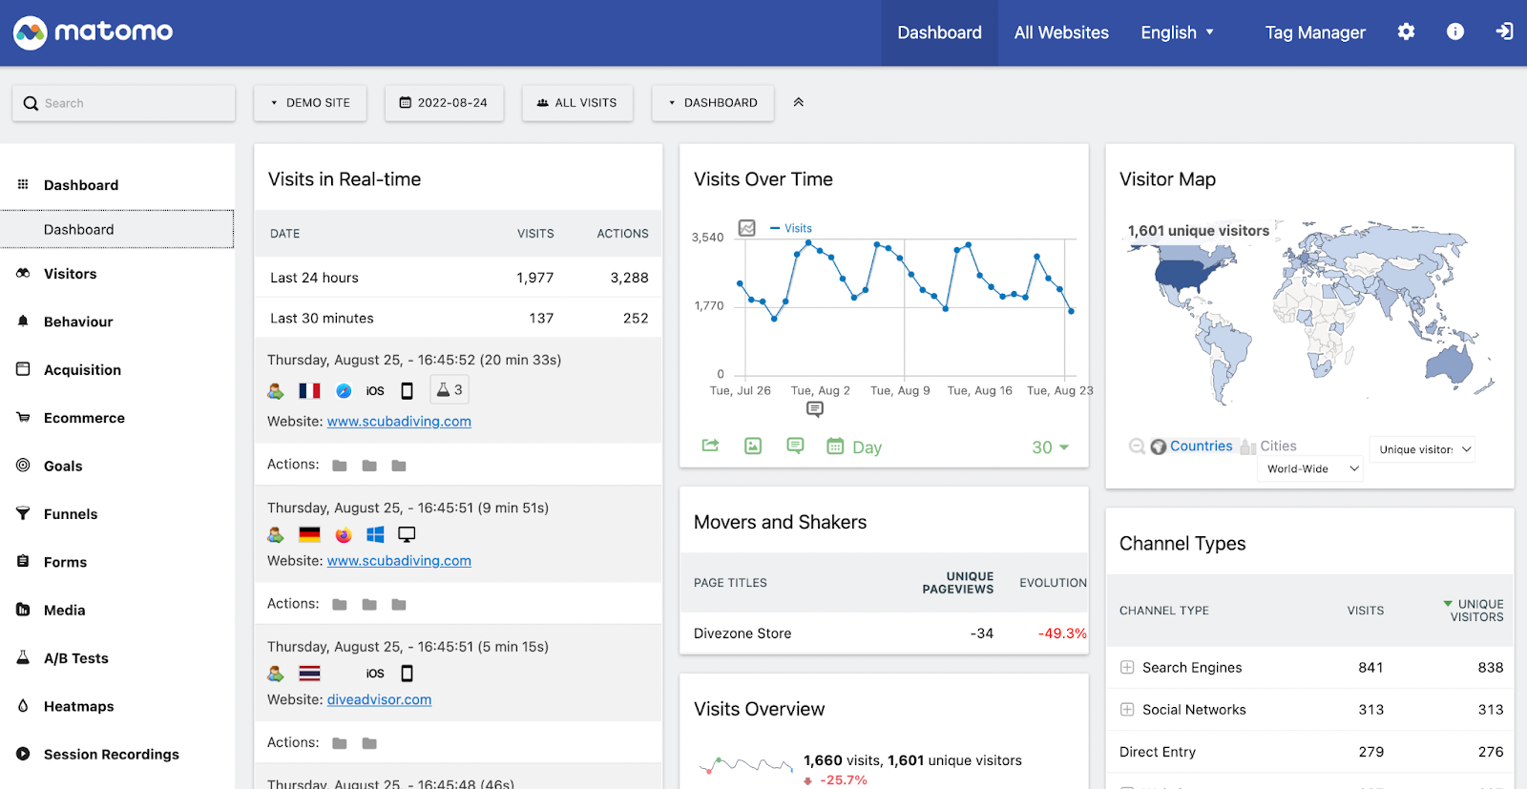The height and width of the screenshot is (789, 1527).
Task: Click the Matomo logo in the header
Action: (x=93, y=32)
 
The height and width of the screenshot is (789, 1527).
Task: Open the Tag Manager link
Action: (x=1314, y=32)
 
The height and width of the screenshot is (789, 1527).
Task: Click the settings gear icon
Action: (x=1406, y=31)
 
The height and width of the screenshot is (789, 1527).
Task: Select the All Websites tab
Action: (x=1061, y=32)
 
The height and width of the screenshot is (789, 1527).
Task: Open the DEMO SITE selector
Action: (x=310, y=103)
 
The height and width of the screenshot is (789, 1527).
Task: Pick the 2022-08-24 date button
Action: (x=444, y=103)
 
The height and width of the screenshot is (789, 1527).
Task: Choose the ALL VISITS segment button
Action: (x=577, y=103)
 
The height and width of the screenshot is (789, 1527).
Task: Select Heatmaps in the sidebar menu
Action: (x=79, y=706)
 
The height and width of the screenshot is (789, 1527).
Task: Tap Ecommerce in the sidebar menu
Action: (x=84, y=418)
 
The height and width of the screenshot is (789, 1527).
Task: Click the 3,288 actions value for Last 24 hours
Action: (x=629, y=278)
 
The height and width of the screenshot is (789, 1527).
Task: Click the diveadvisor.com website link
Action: (x=379, y=699)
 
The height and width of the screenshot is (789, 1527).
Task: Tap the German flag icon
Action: (x=309, y=534)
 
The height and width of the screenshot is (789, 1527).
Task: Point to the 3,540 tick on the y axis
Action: (x=707, y=238)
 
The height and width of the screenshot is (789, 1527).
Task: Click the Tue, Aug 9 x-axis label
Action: (x=900, y=390)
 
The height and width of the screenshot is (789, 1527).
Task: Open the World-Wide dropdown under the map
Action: (x=1311, y=468)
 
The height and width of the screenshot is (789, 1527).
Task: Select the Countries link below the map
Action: (x=1201, y=446)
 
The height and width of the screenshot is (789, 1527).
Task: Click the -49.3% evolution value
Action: (x=1062, y=633)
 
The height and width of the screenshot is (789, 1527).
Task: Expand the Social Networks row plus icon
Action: (x=1127, y=710)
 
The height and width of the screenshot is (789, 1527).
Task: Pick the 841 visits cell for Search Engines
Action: (x=1370, y=668)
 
